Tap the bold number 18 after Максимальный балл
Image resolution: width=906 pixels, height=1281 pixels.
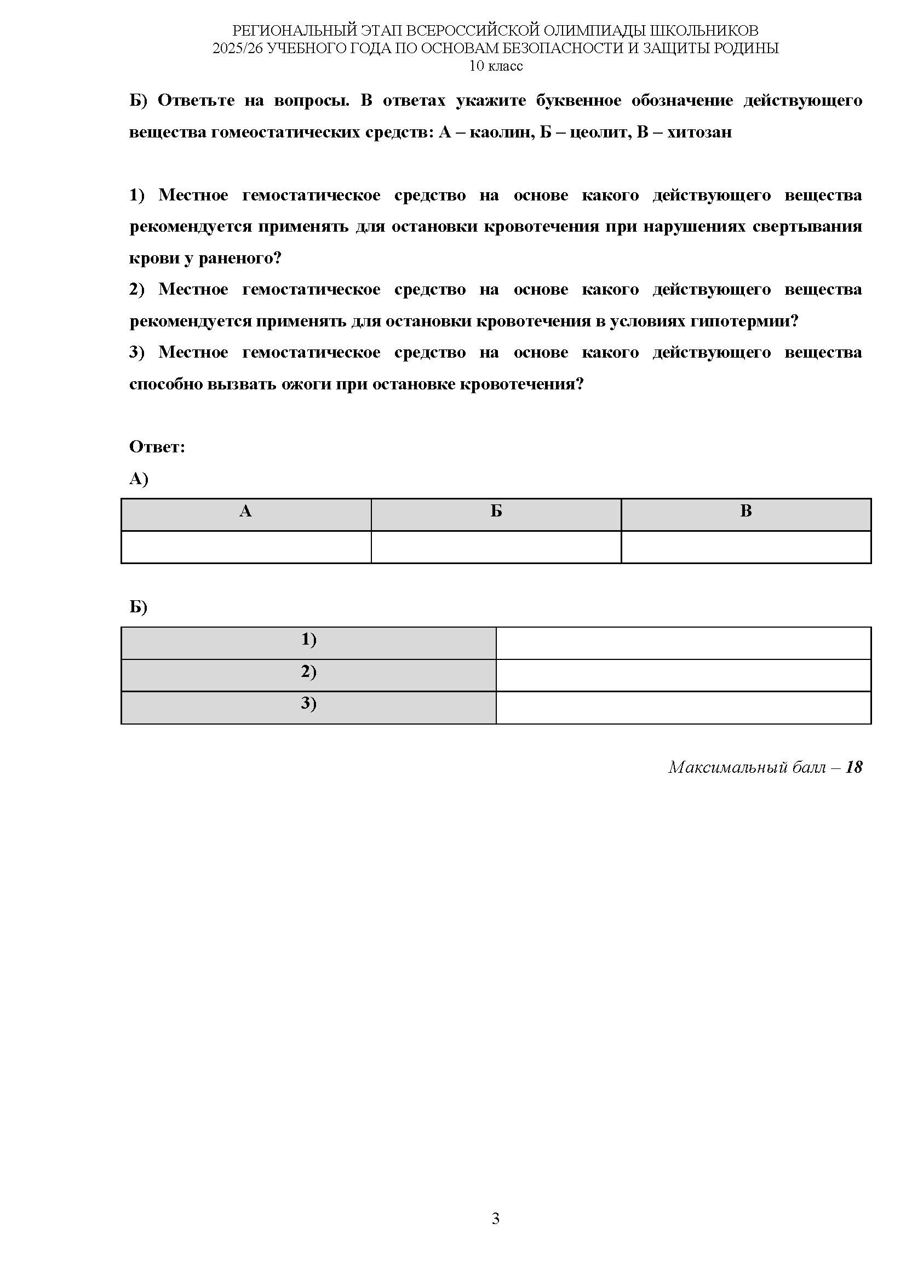(x=853, y=767)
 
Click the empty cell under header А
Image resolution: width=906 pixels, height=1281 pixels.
(x=245, y=547)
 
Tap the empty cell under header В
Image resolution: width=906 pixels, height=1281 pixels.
(x=746, y=547)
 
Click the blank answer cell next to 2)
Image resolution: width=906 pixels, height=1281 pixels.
(x=684, y=675)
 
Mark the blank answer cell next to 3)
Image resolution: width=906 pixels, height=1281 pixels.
(x=684, y=708)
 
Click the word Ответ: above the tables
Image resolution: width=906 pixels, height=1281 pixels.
(x=157, y=447)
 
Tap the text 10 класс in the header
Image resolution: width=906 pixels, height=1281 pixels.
(x=495, y=66)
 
